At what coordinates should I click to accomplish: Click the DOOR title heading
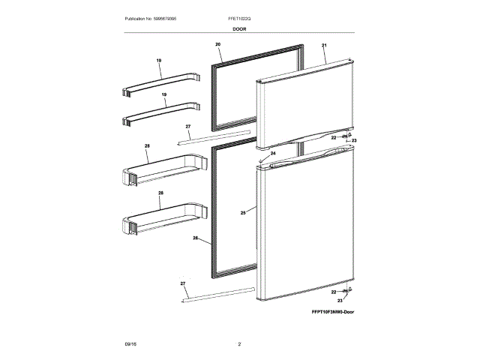(239, 28)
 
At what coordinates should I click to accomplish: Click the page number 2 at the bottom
(239, 344)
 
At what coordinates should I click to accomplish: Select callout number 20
(217, 45)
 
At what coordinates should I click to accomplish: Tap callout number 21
(324, 46)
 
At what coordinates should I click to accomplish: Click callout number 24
(273, 153)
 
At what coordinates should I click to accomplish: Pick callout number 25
(243, 214)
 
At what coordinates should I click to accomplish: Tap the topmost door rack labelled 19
(161, 82)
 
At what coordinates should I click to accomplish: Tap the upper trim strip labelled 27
(213, 136)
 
